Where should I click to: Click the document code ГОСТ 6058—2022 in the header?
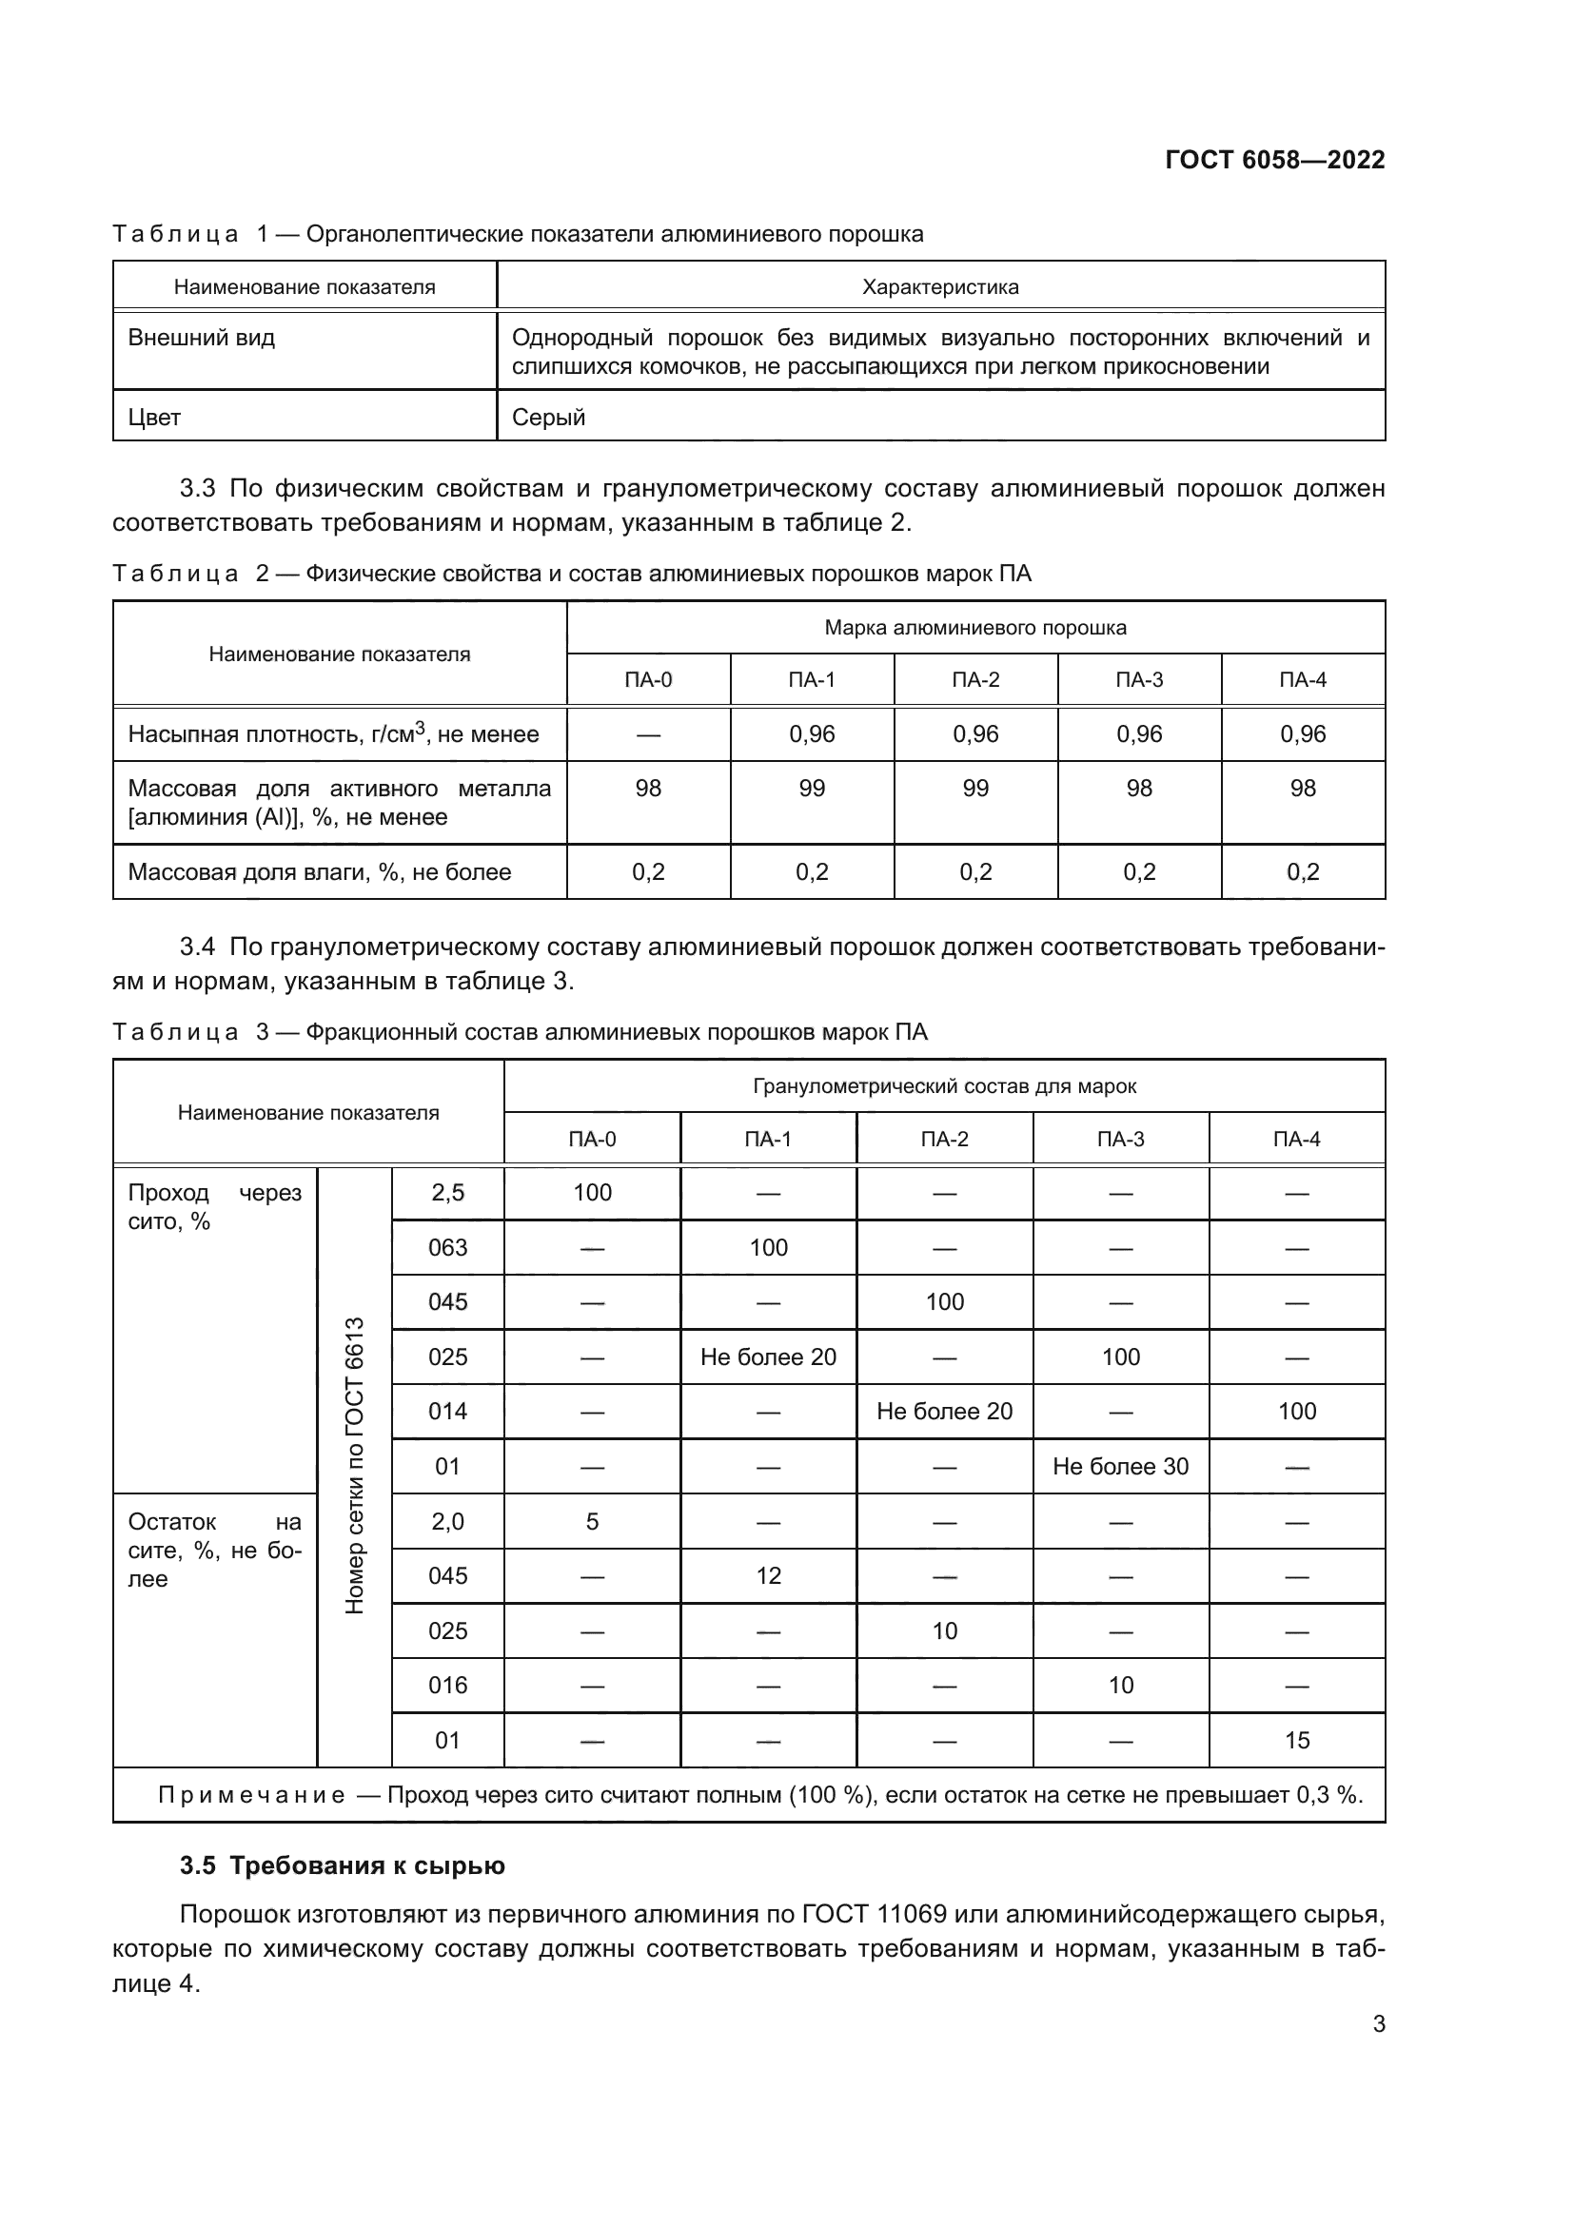tap(1274, 160)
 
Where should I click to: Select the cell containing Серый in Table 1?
tap(548, 418)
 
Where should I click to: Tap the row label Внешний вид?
tap(202, 339)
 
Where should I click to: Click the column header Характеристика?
tap(940, 287)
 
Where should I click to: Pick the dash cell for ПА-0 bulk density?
tap(648, 734)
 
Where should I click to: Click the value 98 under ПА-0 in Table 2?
tap(648, 789)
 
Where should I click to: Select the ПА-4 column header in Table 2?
tap(1303, 680)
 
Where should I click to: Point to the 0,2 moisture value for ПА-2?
tap(975, 872)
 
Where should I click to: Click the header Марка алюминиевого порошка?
tap(975, 628)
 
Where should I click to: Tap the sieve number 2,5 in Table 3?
tap(448, 1193)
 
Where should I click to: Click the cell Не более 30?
tap(1120, 1467)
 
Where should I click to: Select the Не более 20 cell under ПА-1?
tap(768, 1357)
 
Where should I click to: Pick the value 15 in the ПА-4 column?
tap(1297, 1742)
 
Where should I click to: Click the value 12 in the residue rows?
tap(768, 1576)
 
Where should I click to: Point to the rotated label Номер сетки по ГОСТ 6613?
tap(355, 1465)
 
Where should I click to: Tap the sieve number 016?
tap(448, 1687)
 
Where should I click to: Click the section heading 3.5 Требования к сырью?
tap(343, 1866)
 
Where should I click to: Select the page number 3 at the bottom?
tap(1378, 2024)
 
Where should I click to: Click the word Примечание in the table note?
tap(251, 1796)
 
